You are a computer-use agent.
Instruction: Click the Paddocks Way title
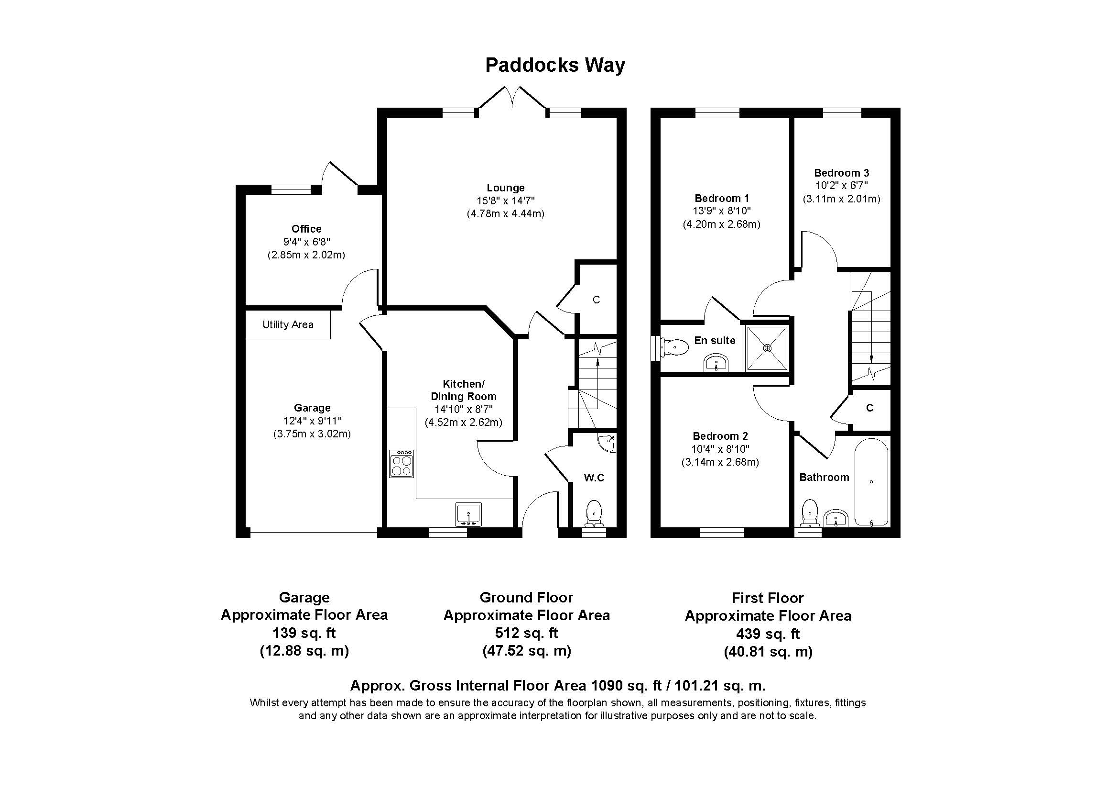click(x=554, y=65)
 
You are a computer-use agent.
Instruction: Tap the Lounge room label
click(x=505, y=188)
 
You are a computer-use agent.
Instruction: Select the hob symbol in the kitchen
click(x=401, y=464)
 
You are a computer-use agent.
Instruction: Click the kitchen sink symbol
click(x=468, y=515)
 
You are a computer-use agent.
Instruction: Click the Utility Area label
click(x=288, y=324)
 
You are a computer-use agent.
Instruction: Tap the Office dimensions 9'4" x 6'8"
click(x=306, y=242)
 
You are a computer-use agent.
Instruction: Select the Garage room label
click(x=312, y=408)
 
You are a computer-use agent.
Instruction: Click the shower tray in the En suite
click(x=768, y=347)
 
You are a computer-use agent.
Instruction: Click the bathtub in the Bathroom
click(x=871, y=482)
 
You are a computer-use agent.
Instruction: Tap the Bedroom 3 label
click(x=841, y=173)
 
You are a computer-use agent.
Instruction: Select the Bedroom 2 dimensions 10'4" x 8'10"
click(x=720, y=449)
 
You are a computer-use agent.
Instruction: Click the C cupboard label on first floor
click(x=869, y=407)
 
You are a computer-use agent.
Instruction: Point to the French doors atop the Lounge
click(x=512, y=100)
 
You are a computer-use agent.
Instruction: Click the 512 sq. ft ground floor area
click(x=526, y=633)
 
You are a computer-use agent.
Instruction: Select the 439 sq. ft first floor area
click(x=768, y=634)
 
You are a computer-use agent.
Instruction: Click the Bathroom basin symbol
click(x=836, y=519)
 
